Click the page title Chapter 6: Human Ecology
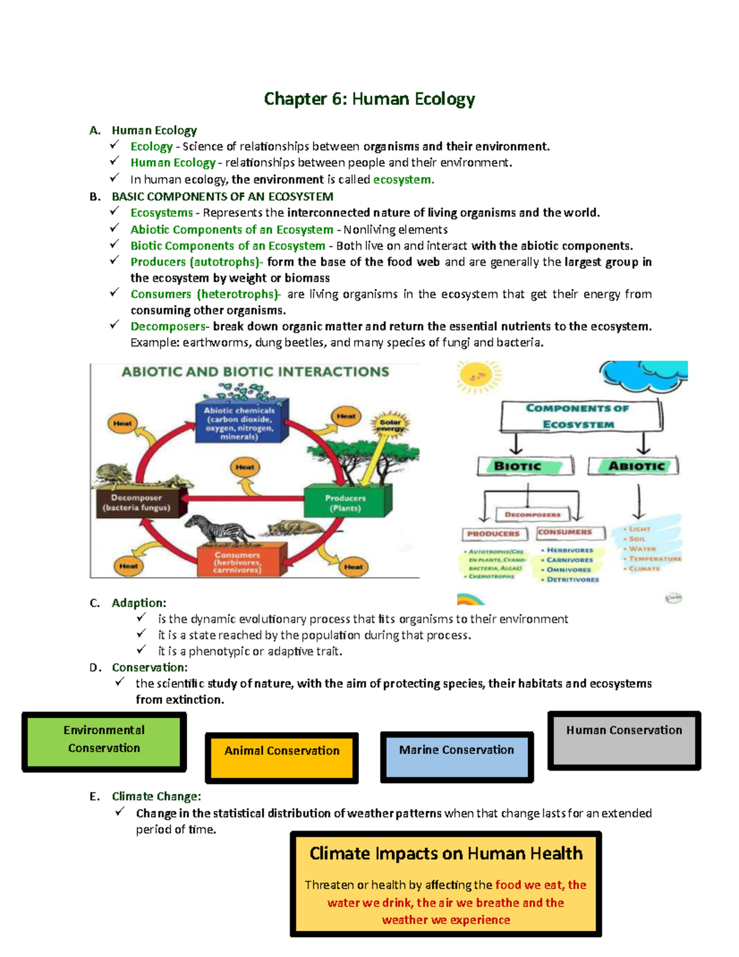pos(369,99)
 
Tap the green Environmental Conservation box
pos(104,741)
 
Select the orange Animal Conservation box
pos(281,757)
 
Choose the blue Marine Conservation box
pos(456,757)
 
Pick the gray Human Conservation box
pos(624,740)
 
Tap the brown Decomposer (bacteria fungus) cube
pos(137,503)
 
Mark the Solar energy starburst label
pos(390,425)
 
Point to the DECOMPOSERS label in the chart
pos(533,515)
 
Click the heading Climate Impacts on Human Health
pos(445,853)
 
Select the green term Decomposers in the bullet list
pos(168,327)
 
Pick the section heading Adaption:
pos(139,603)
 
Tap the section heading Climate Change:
pos(156,796)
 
